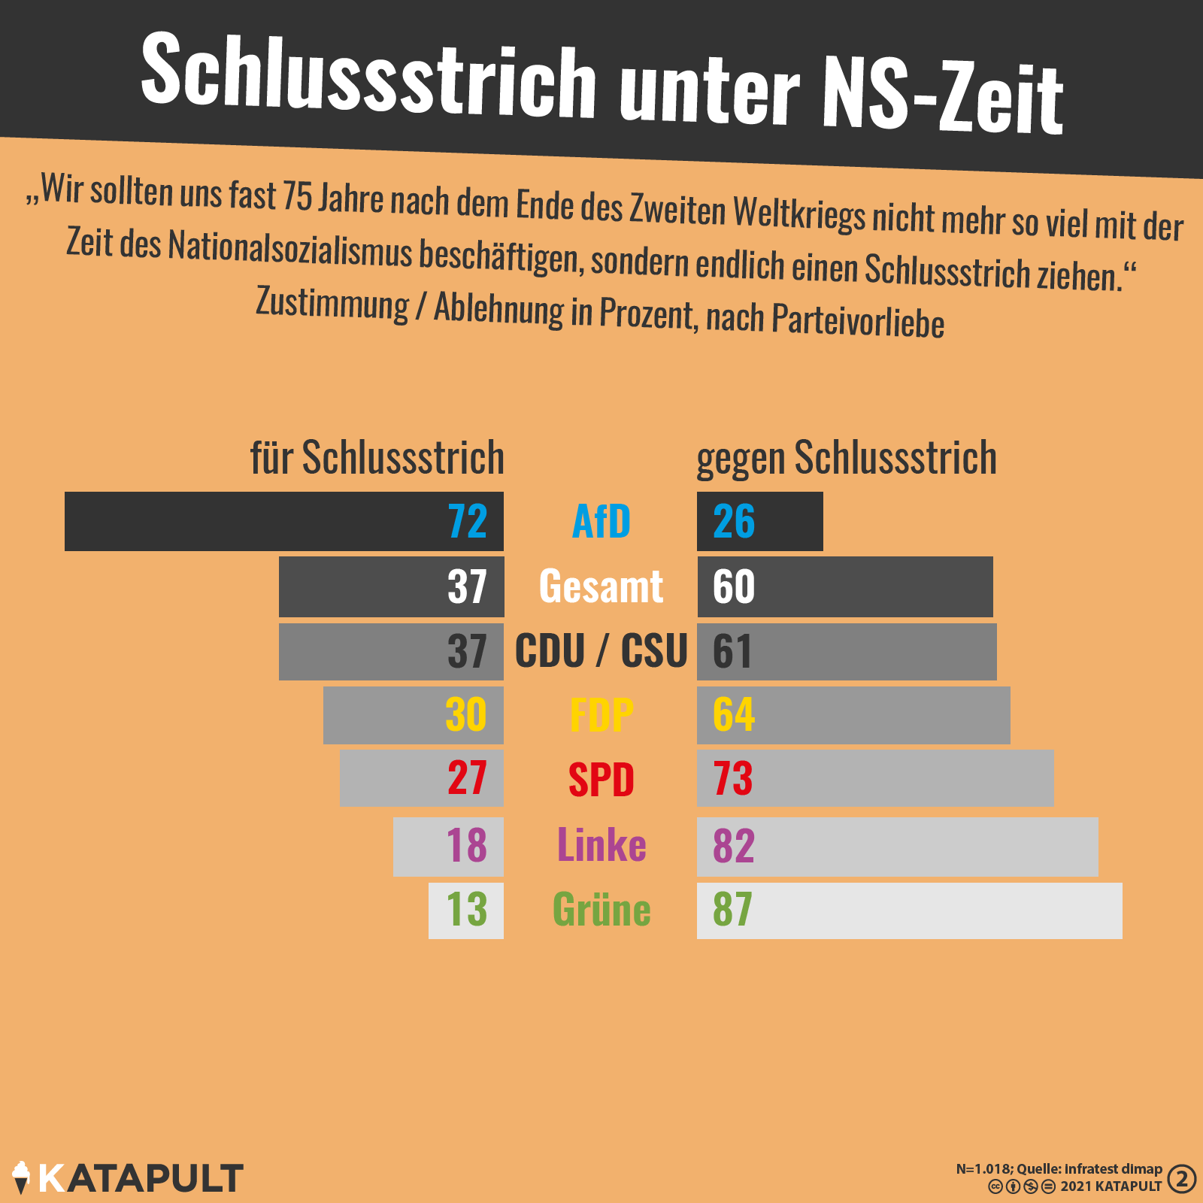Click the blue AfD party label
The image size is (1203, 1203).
tap(601, 521)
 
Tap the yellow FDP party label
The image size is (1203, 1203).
tap(601, 714)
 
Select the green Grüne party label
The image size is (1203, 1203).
tap(601, 910)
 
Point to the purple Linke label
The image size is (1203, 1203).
tap(601, 845)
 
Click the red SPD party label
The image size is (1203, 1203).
tap(601, 780)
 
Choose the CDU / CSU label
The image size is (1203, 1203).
tap(601, 651)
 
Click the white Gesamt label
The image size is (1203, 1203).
tap(601, 586)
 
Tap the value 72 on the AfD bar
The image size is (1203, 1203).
tap(467, 521)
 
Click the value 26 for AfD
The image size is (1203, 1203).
tap(734, 521)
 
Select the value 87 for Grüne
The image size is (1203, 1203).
tap(732, 910)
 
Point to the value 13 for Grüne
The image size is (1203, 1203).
tap(466, 910)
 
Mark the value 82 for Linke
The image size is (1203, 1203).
tap(734, 846)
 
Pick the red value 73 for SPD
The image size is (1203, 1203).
tap(733, 779)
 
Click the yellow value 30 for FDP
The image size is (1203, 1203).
tap(466, 714)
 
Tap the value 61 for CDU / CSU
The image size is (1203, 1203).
tap(732, 651)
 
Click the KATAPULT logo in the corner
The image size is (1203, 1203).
tap(128, 1178)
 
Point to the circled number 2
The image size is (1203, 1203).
tap(1182, 1178)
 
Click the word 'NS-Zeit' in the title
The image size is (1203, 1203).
tap(943, 96)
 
